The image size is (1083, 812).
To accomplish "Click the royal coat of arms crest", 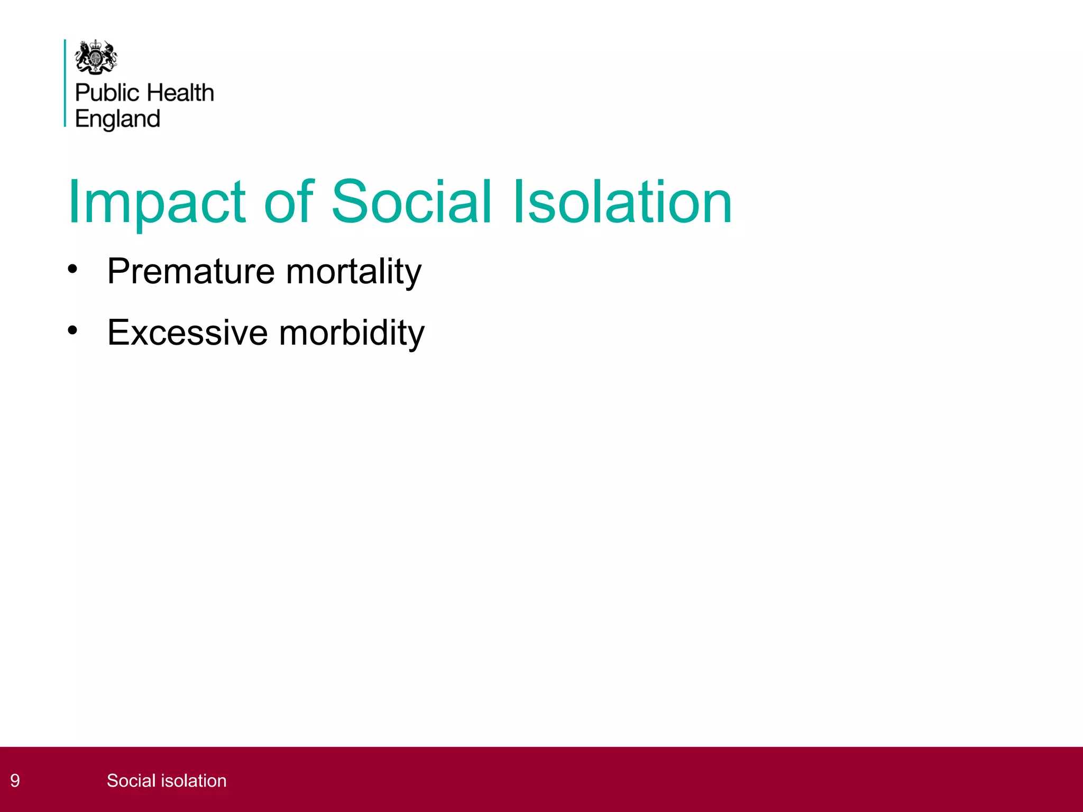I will tap(96, 57).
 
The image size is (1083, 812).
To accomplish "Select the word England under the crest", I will tap(117, 119).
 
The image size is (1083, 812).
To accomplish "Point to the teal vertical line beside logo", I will tap(65, 83).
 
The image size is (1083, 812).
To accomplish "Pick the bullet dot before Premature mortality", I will tap(72, 269).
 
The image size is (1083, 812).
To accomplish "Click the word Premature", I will tap(191, 271).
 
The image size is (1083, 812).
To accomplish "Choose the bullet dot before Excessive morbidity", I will tap(72, 331).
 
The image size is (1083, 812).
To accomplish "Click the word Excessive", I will tap(188, 333).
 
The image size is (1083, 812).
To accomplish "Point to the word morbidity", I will tap(352, 333).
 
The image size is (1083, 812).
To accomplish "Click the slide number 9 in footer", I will tap(15, 781).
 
